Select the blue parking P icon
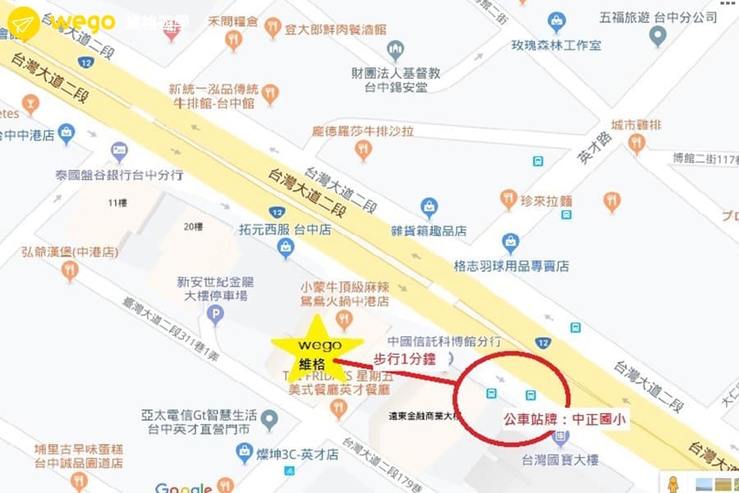coord(215,313)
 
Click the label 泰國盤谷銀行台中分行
coord(118,176)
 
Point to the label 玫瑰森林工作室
coord(555,44)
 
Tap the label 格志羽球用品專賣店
coord(511,265)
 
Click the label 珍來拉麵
coord(547,200)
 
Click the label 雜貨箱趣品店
coord(428,231)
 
